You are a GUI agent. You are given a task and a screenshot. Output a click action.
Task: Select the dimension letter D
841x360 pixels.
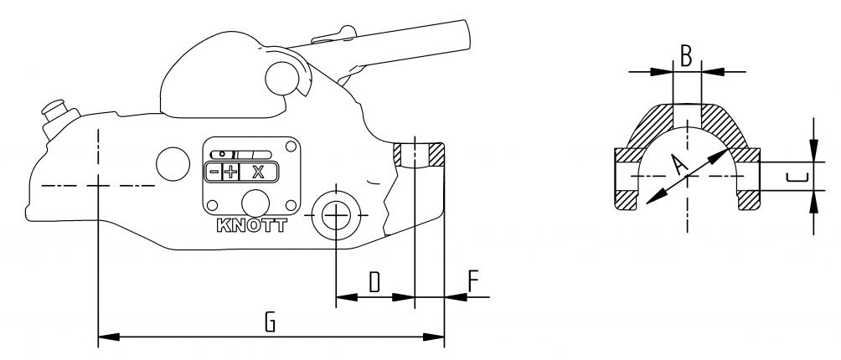(374, 282)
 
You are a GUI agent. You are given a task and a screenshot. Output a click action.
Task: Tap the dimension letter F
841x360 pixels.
(474, 282)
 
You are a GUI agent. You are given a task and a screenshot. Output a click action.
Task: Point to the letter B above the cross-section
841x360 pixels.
(686, 56)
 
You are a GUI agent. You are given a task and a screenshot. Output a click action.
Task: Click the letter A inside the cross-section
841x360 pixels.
(681, 165)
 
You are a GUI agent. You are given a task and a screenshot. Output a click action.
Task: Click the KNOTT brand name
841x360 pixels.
(250, 226)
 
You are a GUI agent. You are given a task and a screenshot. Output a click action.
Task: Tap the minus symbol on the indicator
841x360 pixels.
(214, 172)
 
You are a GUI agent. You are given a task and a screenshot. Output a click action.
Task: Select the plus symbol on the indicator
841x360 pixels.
(230, 172)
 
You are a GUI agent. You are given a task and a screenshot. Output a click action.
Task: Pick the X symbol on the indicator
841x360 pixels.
(258, 172)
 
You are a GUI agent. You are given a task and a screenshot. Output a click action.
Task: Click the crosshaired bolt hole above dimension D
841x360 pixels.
(335, 215)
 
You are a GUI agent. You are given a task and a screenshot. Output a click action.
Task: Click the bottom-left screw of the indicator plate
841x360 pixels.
(211, 206)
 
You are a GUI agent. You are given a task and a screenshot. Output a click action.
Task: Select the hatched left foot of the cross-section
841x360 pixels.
(627, 200)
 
